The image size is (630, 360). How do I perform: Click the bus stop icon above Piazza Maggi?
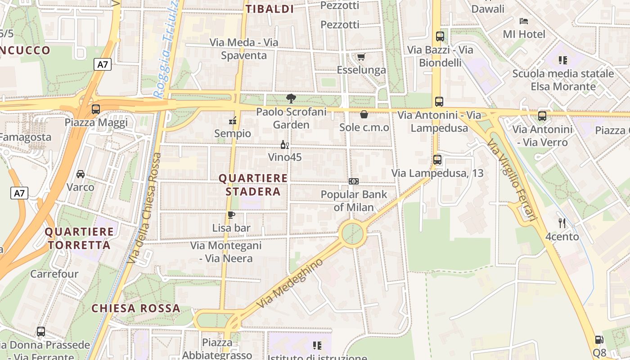point(95,109)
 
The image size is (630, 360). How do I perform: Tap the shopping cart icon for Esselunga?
point(361,57)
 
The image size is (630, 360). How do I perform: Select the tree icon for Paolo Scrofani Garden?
point(291,98)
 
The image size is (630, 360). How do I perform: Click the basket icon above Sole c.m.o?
point(364,114)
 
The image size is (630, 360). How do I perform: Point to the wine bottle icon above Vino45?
point(284,144)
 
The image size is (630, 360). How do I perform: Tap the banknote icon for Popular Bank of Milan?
point(354,181)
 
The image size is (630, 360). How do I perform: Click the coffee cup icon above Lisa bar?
point(231,215)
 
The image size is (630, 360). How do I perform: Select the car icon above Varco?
point(81,174)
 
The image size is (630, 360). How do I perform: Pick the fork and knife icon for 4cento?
point(562,223)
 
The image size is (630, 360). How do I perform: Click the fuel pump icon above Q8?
point(599,340)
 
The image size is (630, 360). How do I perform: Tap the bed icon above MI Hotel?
point(523,21)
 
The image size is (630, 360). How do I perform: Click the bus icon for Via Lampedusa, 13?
point(437,159)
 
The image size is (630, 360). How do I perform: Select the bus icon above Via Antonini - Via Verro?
point(542,116)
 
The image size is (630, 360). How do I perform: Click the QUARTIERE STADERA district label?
point(253,185)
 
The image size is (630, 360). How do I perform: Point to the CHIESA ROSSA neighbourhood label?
point(136,309)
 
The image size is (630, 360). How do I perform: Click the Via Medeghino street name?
point(290,283)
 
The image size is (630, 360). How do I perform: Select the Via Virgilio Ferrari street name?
point(512,180)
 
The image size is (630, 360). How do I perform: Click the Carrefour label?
point(54,274)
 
